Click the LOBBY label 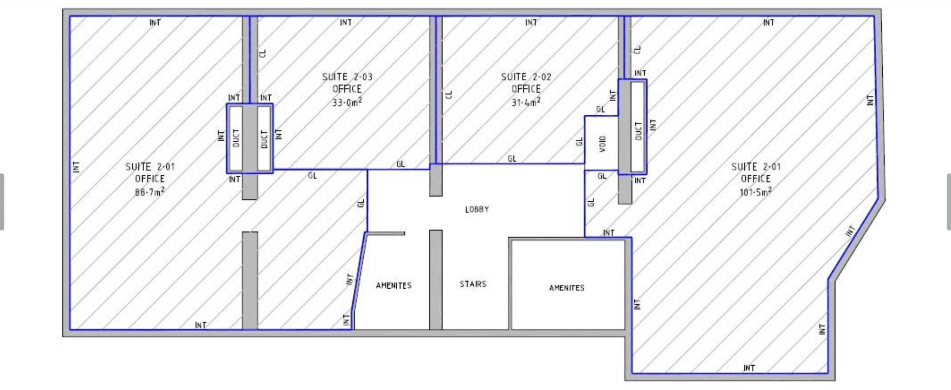point(477,209)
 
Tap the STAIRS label point(473,284)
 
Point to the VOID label point(602,144)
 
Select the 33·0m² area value point(347,103)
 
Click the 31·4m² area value point(526,103)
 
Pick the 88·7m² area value point(150,192)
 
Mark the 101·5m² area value point(756,192)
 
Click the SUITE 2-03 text point(347,77)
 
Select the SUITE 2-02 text point(526,77)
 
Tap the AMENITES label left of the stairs point(394,286)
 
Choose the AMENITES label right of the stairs point(567,288)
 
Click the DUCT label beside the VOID point(638,131)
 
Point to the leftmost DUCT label point(236,138)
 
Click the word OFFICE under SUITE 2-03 point(347,89)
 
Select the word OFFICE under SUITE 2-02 point(526,89)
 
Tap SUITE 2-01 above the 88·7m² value point(150,167)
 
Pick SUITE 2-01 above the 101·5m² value point(756,167)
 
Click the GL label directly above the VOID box point(600,109)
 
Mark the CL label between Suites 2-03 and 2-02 point(449,94)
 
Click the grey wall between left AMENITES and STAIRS point(436,280)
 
